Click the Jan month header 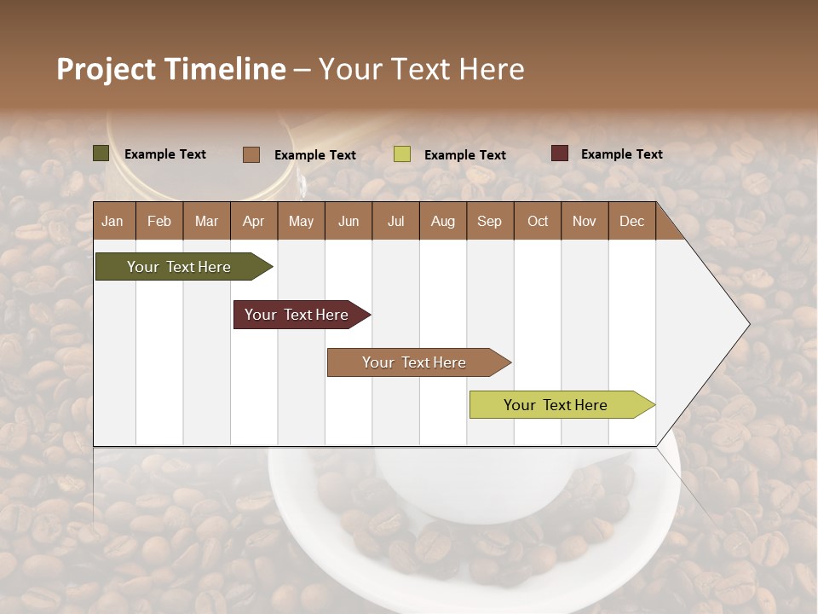[x=112, y=221]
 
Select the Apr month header [x=253, y=221]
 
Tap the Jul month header [x=395, y=221]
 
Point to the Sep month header [x=489, y=221]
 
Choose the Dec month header [x=631, y=221]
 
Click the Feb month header [x=159, y=221]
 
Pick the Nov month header [x=584, y=221]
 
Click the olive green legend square [x=101, y=153]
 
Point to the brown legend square [x=251, y=154]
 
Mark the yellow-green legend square [x=402, y=154]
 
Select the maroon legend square [x=559, y=153]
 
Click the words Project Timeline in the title [x=170, y=69]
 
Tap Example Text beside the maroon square [x=621, y=154]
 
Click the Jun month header [x=349, y=221]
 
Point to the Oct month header [x=538, y=221]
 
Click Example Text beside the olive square [x=165, y=154]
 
